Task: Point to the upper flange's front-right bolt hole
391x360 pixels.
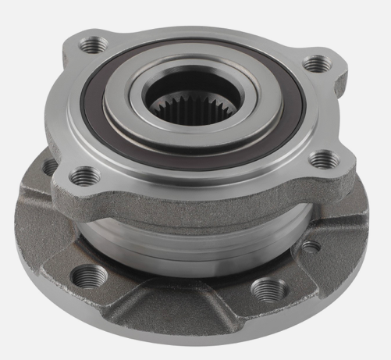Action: [x=320, y=160]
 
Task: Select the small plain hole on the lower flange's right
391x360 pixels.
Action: [x=310, y=248]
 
